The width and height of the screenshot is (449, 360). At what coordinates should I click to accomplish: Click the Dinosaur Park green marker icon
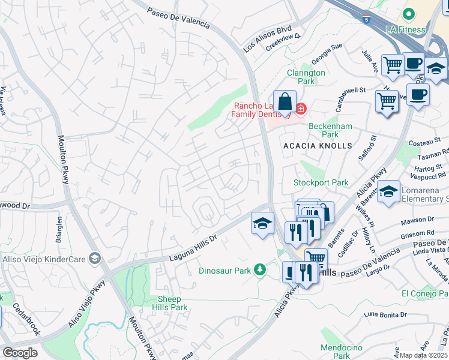(259, 270)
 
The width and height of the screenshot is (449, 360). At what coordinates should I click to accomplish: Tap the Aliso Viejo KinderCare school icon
(94, 258)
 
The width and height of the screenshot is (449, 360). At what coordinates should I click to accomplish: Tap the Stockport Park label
(321, 182)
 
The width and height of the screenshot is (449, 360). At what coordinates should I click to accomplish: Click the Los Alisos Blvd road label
(267, 38)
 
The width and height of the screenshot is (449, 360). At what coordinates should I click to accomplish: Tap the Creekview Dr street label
(283, 44)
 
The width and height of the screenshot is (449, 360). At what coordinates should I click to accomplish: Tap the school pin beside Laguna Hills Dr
(262, 224)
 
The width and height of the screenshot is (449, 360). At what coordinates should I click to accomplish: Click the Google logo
(20, 352)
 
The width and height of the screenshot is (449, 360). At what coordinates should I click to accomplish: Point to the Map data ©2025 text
(424, 355)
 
